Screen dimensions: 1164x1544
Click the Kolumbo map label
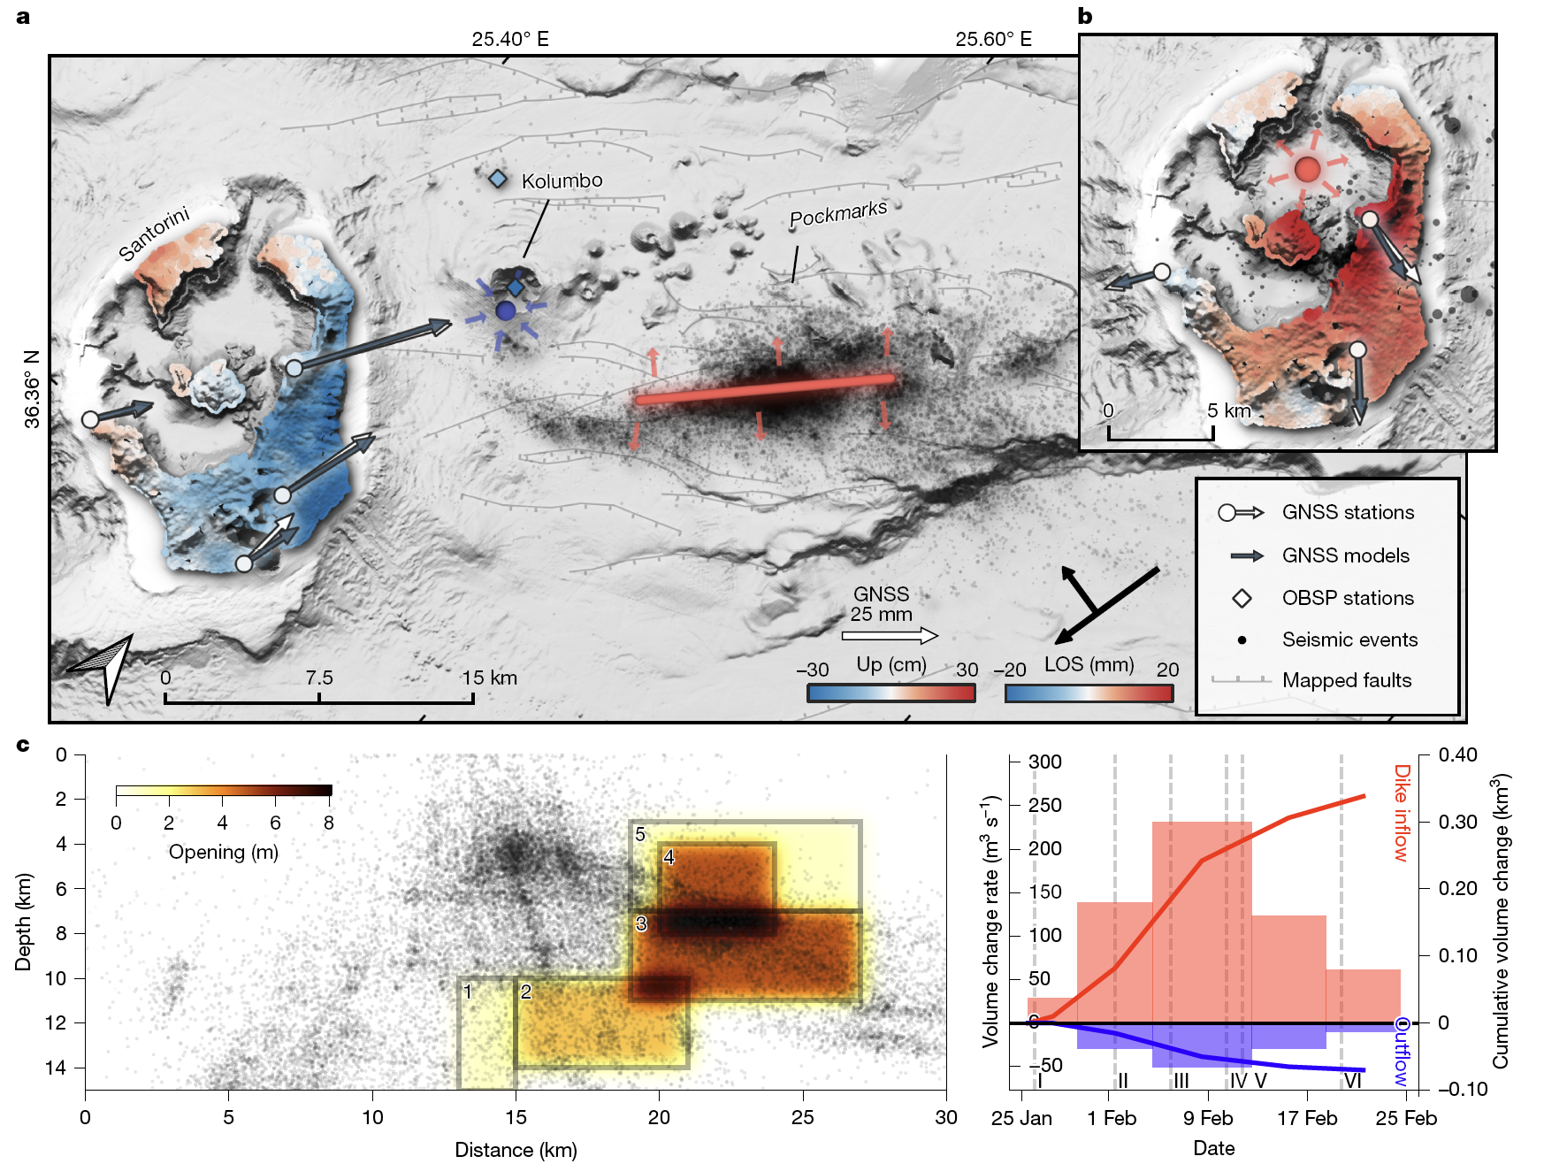[x=562, y=181]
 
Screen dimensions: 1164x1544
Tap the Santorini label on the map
[x=155, y=234]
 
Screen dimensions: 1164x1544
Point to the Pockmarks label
[x=837, y=214]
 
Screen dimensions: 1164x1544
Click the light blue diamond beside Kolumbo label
[x=499, y=179]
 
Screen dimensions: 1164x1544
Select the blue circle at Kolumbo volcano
[x=506, y=310]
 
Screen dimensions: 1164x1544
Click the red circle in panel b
[x=1307, y=169]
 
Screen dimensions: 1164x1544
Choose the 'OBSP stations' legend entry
[x=1347, y=598]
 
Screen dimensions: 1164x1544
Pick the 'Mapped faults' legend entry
[x=1346, y=680]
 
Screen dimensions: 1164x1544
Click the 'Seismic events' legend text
[x=1349, y=639]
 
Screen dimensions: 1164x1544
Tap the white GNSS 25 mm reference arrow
[x=890, y=635]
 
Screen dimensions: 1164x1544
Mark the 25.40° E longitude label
[x=510, y=39]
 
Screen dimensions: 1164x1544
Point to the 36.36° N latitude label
[x=33, y=389]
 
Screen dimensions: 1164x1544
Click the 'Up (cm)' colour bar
[x=890, y=693]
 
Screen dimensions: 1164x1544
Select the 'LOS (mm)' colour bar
[x=1089, y=693]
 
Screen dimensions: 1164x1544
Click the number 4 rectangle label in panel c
[x=669, y=856]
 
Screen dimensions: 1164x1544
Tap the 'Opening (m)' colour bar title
[x=223, y=852]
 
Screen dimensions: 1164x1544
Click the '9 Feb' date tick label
[x=1208, y=1118]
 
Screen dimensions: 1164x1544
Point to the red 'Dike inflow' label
[x=1401, y=812]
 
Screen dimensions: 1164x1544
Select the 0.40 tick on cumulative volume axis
[x=1457, y=754]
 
